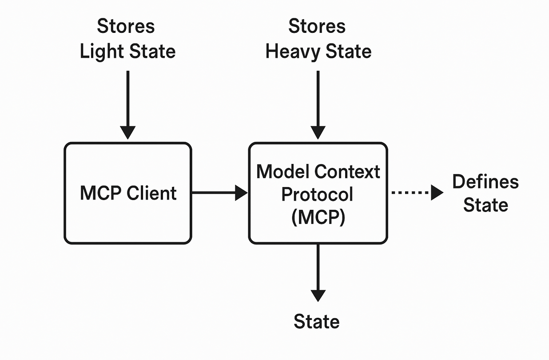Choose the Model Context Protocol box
click(x=318, y=231)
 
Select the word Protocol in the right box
click(x=318, y=194)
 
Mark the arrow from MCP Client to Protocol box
click(x=218, y=193)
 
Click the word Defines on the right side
click(x=485, y=182)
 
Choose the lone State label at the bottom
click(x=317, y=321)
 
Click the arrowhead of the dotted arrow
click(x=437, y=193)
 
